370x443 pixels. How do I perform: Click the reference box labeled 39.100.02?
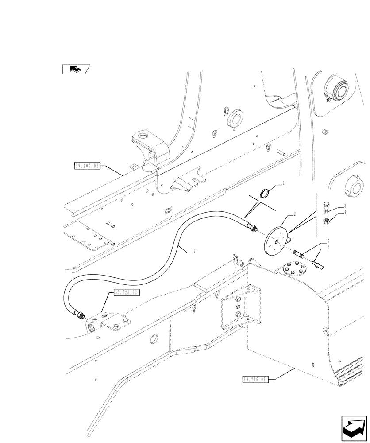(88, 167)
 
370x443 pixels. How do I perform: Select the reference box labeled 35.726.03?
(127, 292)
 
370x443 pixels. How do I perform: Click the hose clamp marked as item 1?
(265, 193)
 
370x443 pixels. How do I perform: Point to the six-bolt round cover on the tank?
(294, 269)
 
